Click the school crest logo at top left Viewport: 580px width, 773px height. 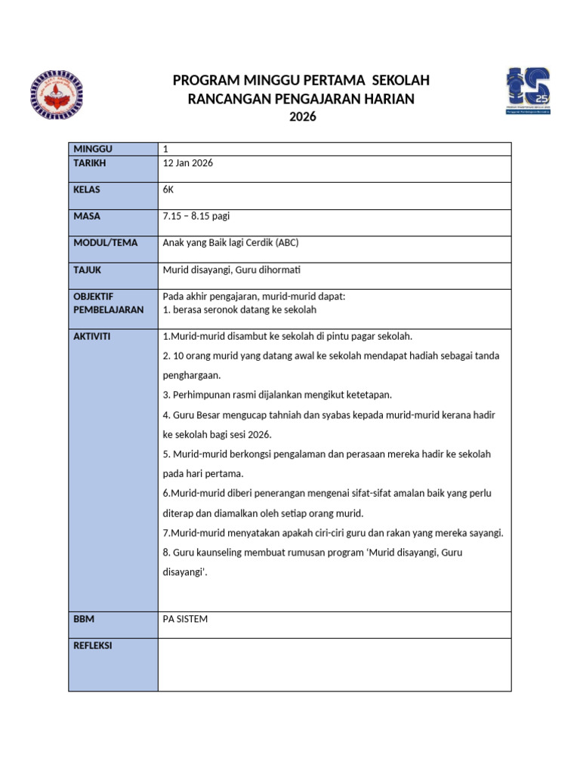[56, 95]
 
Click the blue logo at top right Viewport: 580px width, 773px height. [527, 91]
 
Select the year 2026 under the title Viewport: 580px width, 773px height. [301, 117]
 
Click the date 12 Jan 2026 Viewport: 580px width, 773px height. [188, 163]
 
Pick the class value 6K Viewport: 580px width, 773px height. [168, 189]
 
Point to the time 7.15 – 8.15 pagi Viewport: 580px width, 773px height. [196, 216]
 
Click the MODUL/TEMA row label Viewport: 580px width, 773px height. [102, 242]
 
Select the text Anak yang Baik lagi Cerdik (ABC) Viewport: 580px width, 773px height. [236, 242]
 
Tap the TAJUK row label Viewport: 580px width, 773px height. [88, 269]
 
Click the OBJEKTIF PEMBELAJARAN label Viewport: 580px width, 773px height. [108, 303]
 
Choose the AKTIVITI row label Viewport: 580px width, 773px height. [91, 336]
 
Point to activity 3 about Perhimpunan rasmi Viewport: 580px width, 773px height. [277, 395]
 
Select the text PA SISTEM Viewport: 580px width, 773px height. [185, 619]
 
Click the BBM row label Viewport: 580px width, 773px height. [84, 619]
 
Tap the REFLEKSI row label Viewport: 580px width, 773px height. [93, 646]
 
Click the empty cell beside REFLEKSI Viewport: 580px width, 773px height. [334, 664]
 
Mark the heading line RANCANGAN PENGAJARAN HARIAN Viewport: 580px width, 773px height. [301, 100]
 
